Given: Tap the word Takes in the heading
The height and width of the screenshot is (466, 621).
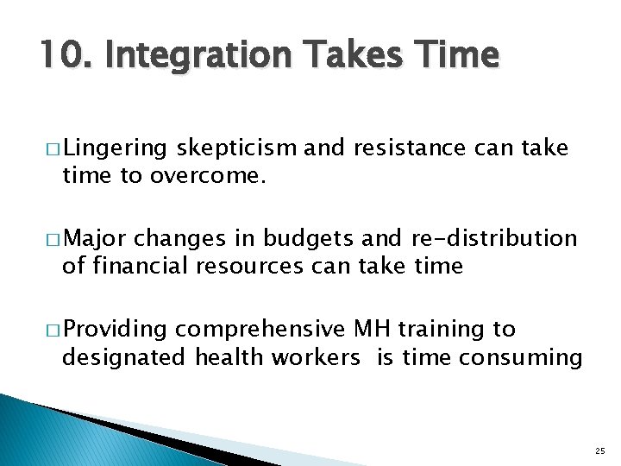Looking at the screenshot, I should click(x=351, y=56).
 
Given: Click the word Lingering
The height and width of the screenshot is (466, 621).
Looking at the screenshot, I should click(x=116, y=149).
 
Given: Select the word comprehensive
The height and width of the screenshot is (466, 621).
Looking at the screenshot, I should click(x=262, y=330).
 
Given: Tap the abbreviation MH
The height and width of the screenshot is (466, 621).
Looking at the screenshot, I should click(x=373, y=330).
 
